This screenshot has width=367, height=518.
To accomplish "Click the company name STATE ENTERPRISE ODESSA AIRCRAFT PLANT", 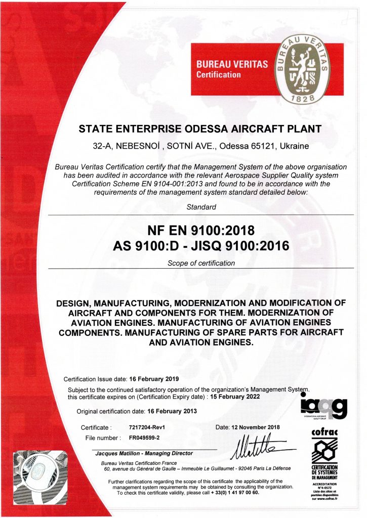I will pyautogui.click(x=200, y=128).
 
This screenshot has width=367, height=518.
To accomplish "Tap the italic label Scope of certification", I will pyautogui.click(x=201, y=263).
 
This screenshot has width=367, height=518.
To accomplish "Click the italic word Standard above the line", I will pyautogui.click(x=201, y=207).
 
